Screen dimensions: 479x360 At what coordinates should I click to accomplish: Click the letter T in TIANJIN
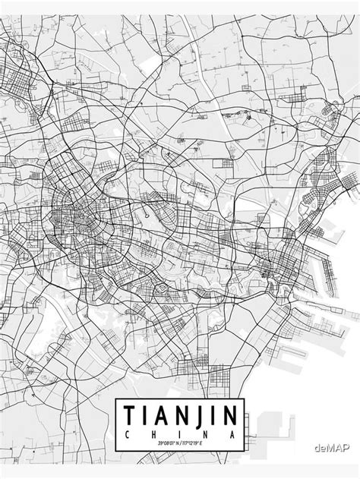pos(127,415)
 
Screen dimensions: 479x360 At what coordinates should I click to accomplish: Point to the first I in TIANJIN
pos(146,415)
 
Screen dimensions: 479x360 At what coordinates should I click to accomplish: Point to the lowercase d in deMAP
pos(315,448)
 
